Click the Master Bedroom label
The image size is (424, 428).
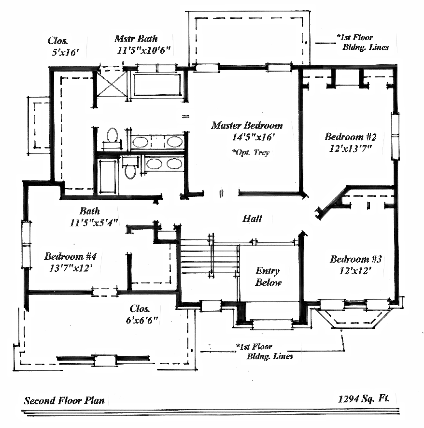[247, 125]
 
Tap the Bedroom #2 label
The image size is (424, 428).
[351, 136]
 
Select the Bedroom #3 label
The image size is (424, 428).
[355, 259]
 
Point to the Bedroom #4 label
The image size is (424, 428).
[71, 256]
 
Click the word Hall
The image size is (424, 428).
[252, 219]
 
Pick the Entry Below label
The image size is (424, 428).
[268, 277]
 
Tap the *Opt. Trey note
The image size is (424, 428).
[251, 152]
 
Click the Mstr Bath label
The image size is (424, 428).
[136, 39]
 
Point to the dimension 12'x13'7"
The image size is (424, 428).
[351, 148]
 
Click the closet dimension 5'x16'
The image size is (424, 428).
[65, 52]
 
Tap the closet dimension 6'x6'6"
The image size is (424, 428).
[141, 320]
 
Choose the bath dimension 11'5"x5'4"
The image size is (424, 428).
[94, 223]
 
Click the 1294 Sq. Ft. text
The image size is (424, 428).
[364, 399]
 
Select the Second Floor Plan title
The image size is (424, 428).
[64, 400]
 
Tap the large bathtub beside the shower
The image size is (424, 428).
[157, 84]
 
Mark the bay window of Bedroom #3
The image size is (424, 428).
[352, 314]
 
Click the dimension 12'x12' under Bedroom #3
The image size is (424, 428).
[355, 270]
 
